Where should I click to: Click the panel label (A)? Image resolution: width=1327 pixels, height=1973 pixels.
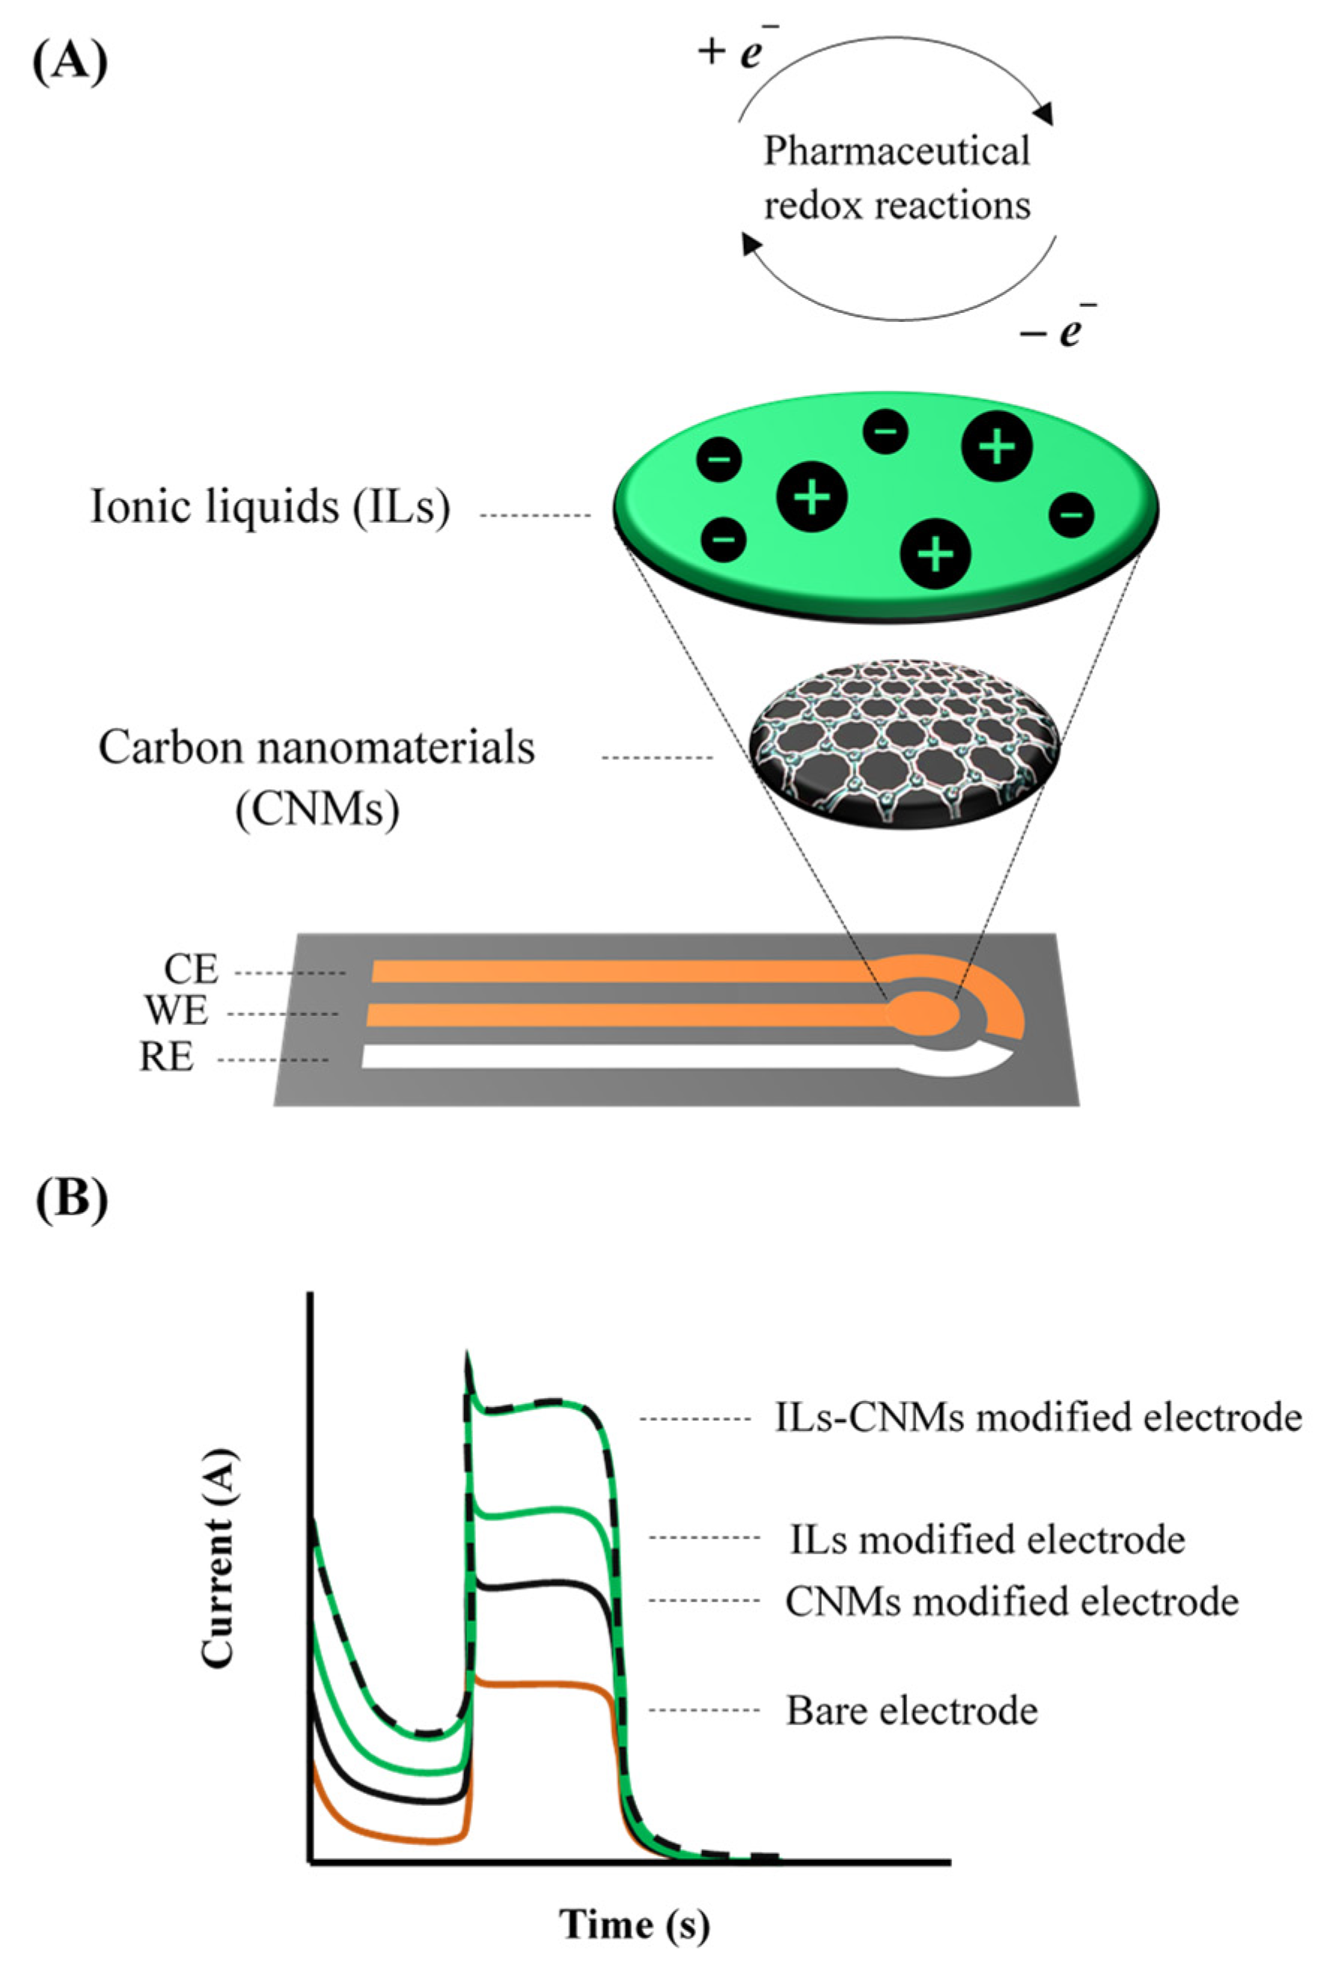(70, 63)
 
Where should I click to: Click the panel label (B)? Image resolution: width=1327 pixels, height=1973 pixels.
(72, 1200)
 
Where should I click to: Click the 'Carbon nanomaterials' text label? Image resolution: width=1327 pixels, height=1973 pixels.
(317, 749)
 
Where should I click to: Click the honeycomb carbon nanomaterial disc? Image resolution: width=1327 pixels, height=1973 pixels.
(904, 744)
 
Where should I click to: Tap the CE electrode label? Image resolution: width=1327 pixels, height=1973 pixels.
(192, 970)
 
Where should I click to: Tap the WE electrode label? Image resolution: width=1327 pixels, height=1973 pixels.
(176, 1012)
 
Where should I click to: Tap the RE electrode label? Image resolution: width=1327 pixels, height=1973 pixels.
(167, 1057)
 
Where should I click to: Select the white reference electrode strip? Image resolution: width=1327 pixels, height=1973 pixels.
(626, 1056)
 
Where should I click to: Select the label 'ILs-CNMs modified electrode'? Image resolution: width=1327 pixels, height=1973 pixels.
(1037, 1417)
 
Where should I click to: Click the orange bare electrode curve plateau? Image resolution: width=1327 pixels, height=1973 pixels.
(542, 1685)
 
